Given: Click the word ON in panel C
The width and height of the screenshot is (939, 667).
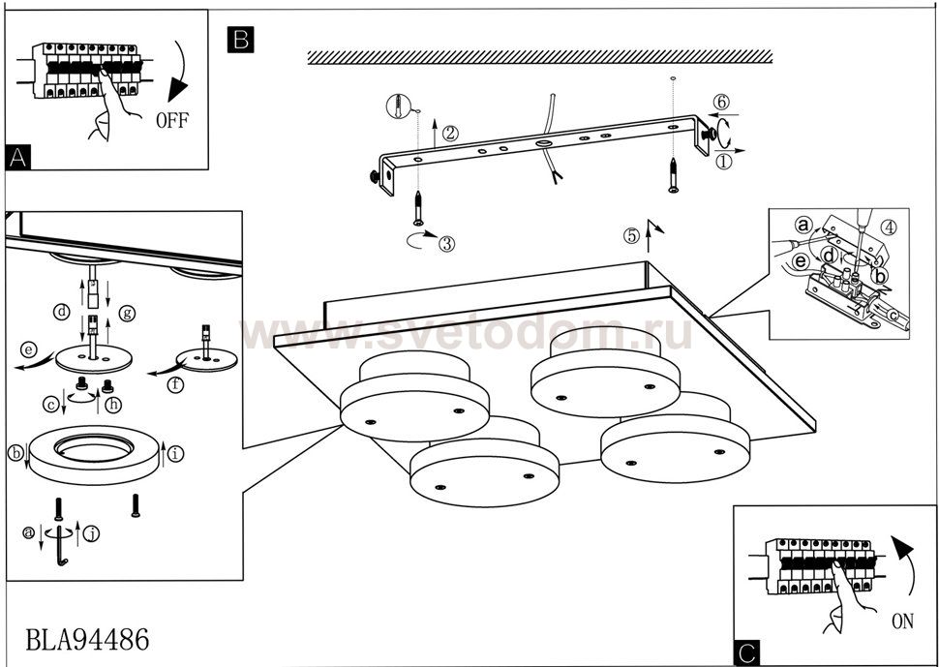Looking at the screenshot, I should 901,622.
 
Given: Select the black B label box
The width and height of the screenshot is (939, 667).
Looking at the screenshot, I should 239,39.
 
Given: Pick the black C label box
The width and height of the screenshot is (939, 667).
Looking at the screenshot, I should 745,654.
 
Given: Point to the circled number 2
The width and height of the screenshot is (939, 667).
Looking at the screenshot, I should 449,134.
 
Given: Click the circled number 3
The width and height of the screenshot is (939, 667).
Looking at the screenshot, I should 445,244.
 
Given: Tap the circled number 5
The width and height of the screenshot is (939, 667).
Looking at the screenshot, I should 630,234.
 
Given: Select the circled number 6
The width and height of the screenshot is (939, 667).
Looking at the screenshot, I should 720,102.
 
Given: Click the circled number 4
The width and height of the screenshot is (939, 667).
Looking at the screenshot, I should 890,229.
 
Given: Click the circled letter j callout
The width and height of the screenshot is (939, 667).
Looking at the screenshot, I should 90,533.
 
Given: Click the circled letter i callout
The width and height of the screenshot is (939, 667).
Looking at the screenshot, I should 174,451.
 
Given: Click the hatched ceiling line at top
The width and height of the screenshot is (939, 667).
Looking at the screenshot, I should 539,58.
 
